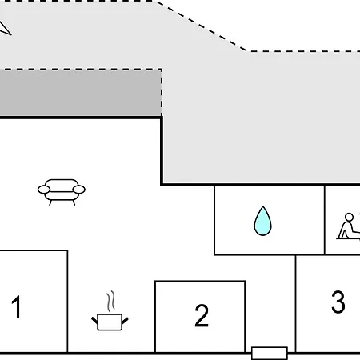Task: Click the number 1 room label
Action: click(17, 306)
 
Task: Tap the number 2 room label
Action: click(202, 315)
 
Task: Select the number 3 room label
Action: click(338, 302)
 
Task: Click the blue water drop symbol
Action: click(262, 221)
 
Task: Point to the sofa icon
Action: click(62, 191)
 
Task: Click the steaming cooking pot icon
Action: click(110, 310)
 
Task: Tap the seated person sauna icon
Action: click(348, 226)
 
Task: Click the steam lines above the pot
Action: click(111, 301)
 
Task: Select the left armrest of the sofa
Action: click(44, 190)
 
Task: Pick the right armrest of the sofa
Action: click(79, 190)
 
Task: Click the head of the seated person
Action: click(349, 217)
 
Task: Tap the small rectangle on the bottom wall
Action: click(270, 354)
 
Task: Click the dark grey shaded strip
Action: click(81, 93)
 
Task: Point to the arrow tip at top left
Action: click(11, 34)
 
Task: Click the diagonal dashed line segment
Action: click(202, 26)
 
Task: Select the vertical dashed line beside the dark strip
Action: click(162, 92)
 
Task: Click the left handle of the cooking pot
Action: click(94, 320)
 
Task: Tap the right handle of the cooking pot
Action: click(125, 320)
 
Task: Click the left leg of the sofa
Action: click(50, 202)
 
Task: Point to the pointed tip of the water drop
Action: click(263, 206)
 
